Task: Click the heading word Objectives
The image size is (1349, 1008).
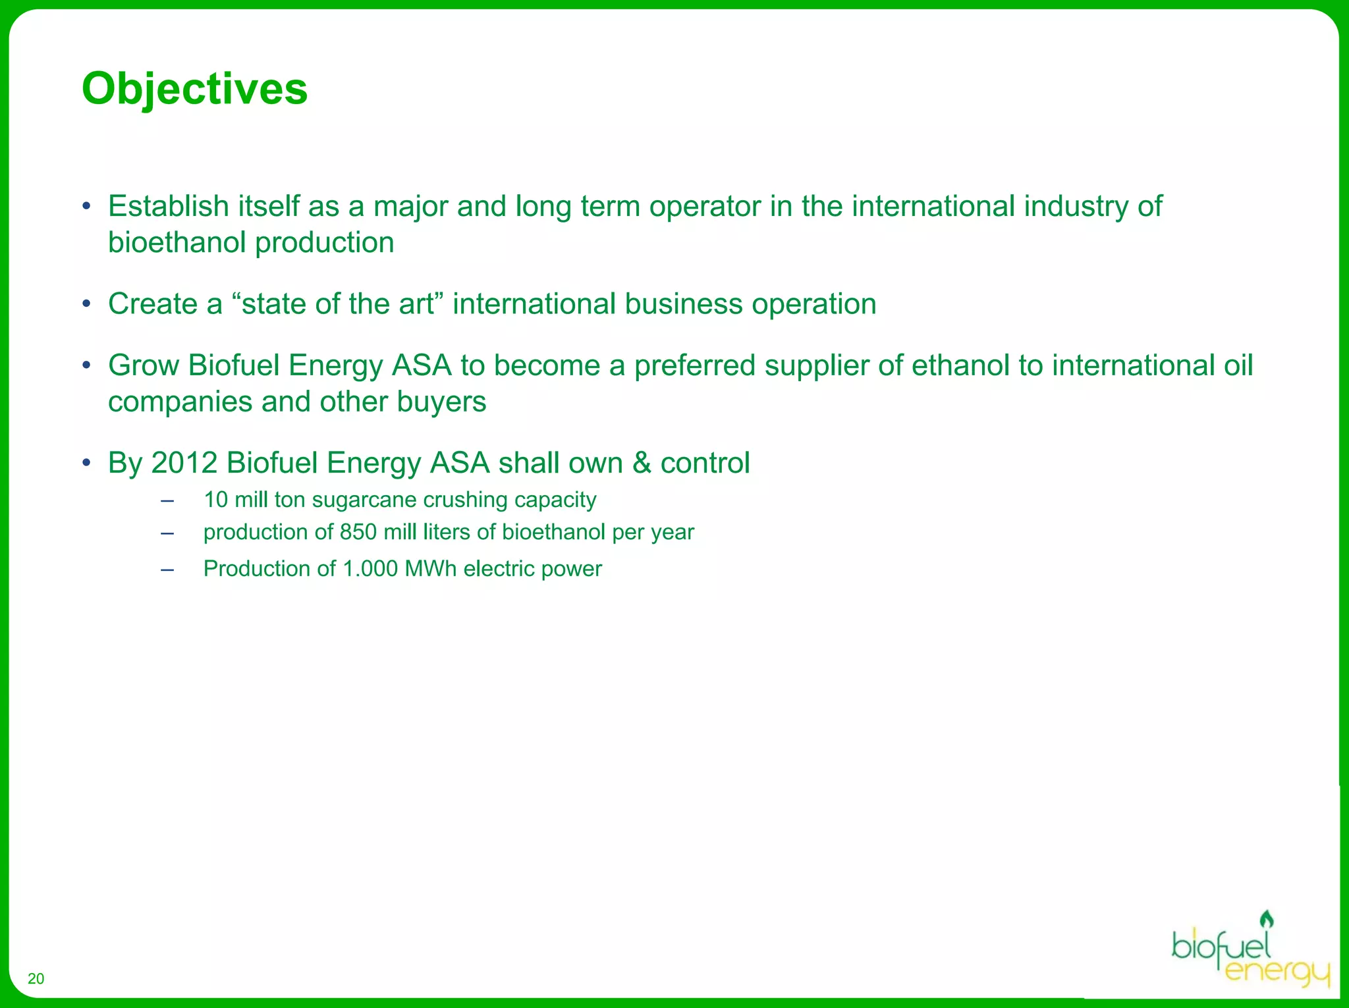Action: (x=194, y=89)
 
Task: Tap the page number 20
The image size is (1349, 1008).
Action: (x=36, y=978)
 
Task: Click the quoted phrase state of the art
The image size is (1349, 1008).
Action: (x=337, y=304)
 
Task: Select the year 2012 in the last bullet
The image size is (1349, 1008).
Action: (x=184, y=463)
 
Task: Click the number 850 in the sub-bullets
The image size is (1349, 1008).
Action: (x=358, y=532)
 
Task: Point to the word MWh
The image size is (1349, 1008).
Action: (x=430, y=569)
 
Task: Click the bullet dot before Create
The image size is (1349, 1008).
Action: (x=86, y=305)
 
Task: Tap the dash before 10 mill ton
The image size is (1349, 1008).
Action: (x=167, y=500)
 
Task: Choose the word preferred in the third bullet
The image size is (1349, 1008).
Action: (x=694, y=365)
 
